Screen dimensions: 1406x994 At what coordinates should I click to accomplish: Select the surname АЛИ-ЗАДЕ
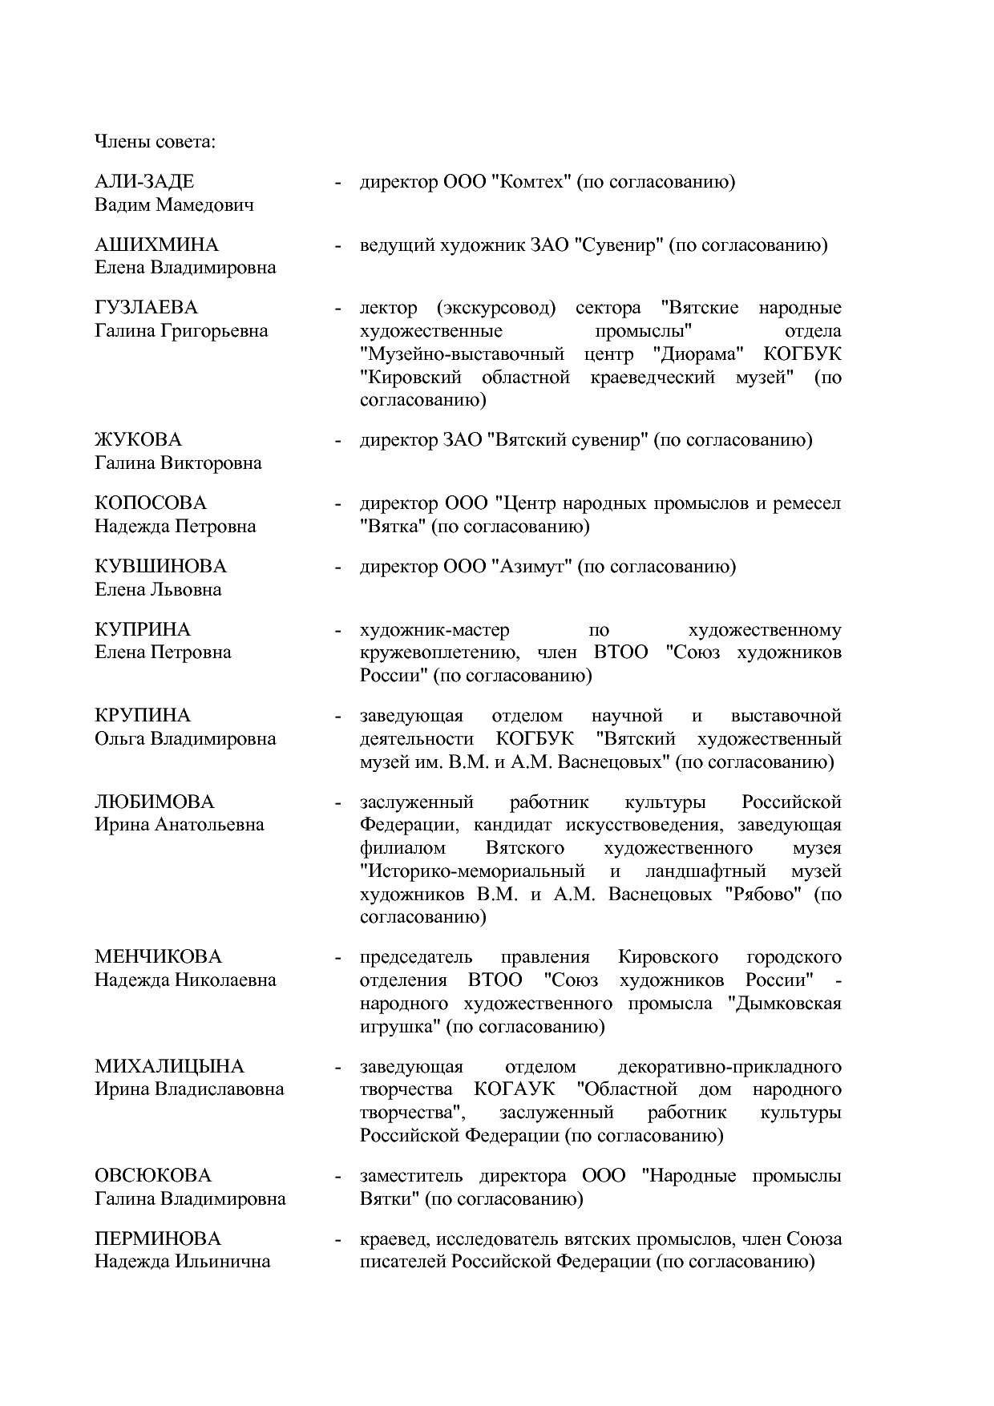[144, 182]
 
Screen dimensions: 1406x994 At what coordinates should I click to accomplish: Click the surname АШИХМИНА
[156, 244]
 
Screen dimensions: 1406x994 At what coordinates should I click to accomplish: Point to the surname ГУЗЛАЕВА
[146, 308]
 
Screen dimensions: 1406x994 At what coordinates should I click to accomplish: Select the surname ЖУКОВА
[138, 440]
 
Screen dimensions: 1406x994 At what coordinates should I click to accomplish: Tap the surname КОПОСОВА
[151, 503]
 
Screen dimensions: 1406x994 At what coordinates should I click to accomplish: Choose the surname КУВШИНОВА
[160, 567]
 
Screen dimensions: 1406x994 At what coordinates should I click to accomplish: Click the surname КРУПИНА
[143, 715]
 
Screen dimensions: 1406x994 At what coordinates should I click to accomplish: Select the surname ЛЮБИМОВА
[155, 802]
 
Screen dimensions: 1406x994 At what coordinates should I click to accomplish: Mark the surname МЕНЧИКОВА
[158, 957]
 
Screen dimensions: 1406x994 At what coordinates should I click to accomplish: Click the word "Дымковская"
[789, 1004]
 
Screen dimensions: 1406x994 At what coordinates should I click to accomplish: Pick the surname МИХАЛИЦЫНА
[169, 1067]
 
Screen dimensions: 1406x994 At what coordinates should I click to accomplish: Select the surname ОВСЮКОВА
[153, 1176]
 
